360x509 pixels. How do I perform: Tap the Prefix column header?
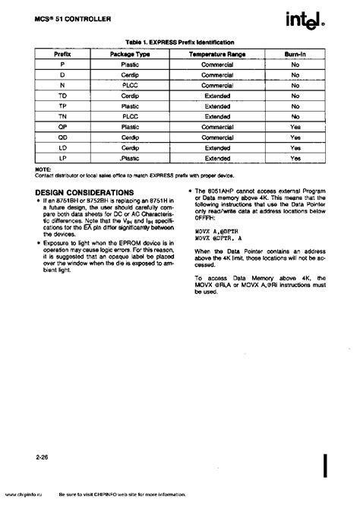[62, 55]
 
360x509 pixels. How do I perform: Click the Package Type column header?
[130, 55]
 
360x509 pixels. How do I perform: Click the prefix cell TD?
[62, 96]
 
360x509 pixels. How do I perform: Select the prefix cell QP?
[62, 127]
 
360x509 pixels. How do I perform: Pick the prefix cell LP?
[62, 158]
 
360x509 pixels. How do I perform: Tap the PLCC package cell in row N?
[130, 86]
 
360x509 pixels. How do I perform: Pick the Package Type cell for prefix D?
[130, 76]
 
